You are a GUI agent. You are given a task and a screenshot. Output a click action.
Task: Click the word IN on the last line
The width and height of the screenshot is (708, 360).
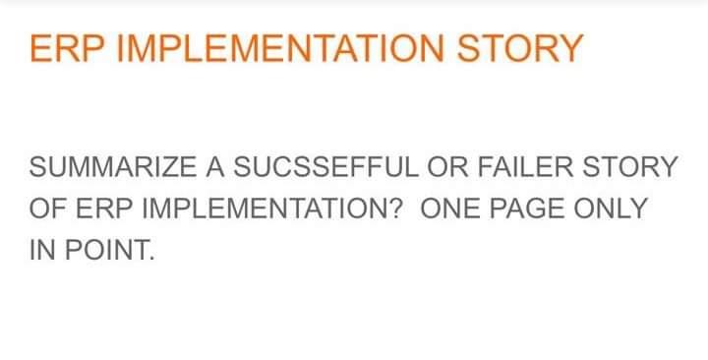[x=43, y=250]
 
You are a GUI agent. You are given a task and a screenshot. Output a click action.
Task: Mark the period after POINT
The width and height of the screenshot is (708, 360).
[x=152, y=258]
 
